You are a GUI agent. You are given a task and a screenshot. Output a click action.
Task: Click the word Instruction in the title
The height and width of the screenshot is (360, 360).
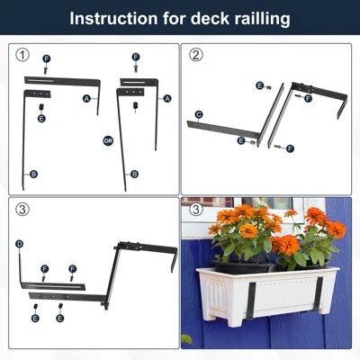click(113, 18)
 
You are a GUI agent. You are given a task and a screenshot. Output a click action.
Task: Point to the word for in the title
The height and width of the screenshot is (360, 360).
click(174, 18)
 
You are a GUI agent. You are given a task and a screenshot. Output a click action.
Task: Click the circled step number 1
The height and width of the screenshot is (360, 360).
click(22, 55)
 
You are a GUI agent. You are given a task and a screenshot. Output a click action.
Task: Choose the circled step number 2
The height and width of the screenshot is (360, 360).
click(196, 55)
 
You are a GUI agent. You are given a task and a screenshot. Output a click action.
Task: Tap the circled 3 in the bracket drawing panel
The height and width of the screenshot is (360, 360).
click(22, 209)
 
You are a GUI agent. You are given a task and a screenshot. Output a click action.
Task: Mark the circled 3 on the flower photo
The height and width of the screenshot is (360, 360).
click(196, 209)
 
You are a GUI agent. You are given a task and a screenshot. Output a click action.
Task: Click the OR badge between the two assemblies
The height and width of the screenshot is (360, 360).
click(108, 140)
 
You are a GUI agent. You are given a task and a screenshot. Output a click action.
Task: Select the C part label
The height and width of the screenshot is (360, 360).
click(199, 114)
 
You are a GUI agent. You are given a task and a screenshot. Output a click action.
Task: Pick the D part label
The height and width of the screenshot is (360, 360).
click(19, 244)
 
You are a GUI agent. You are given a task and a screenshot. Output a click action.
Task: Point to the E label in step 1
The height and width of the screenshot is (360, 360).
click(41, 119)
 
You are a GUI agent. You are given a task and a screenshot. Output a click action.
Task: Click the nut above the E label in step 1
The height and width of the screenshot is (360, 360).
click(41, 107)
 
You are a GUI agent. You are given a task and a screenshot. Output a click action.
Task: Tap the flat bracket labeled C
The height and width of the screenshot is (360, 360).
click(222, 130)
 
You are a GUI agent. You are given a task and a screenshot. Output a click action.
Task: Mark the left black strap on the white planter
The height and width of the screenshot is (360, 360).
click(251, 301)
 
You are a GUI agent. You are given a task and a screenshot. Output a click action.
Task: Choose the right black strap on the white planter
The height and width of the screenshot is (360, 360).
click(318, 294)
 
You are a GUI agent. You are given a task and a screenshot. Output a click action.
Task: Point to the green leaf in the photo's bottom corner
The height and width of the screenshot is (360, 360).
click(186, 339)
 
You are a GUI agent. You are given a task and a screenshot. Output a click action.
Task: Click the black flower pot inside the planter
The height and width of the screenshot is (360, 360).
click(242, 267)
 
